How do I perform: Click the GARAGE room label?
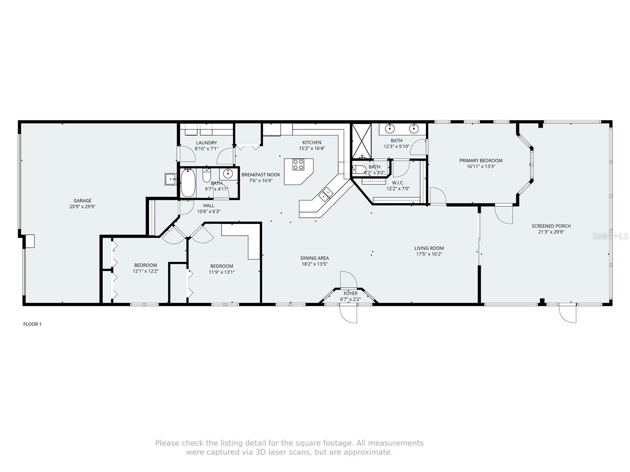pyautogui.click(x=82, y=201)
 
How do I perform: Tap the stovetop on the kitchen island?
pyautogui.click(x=298, y=164)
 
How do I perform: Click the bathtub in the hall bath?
pyautogui.click(x=188, y=183)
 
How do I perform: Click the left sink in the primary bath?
pyautogui.click(x=389, y=128)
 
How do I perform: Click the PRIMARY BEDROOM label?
pyautogui.click(x=481, y=161)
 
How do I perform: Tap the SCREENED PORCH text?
pyautogui.click(x=551, y=226)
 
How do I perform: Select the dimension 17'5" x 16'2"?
pyautogui.click(x=429, y=254)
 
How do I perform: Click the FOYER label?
pyautogui.click(x=350, y=293)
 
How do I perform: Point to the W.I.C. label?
pyautogui.click(x=398, y=183)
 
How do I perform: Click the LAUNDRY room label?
pyautogui.click(x=206, y=143)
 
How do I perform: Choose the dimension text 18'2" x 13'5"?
pyautogui.click(x=314, y=264)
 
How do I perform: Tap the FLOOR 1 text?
pyautogui.click(x=32, y=324)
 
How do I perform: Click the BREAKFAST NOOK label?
pyautogui.click(x=261, y=175)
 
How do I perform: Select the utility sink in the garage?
pyautogui.click(x=171, y=179)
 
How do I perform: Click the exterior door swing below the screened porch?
pyautogui.click(x=567, y=314)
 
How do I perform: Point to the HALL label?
pyautogui.click(x=209, y=205)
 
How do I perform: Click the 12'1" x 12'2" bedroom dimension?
pyautogui.click(x=145, y=271)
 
